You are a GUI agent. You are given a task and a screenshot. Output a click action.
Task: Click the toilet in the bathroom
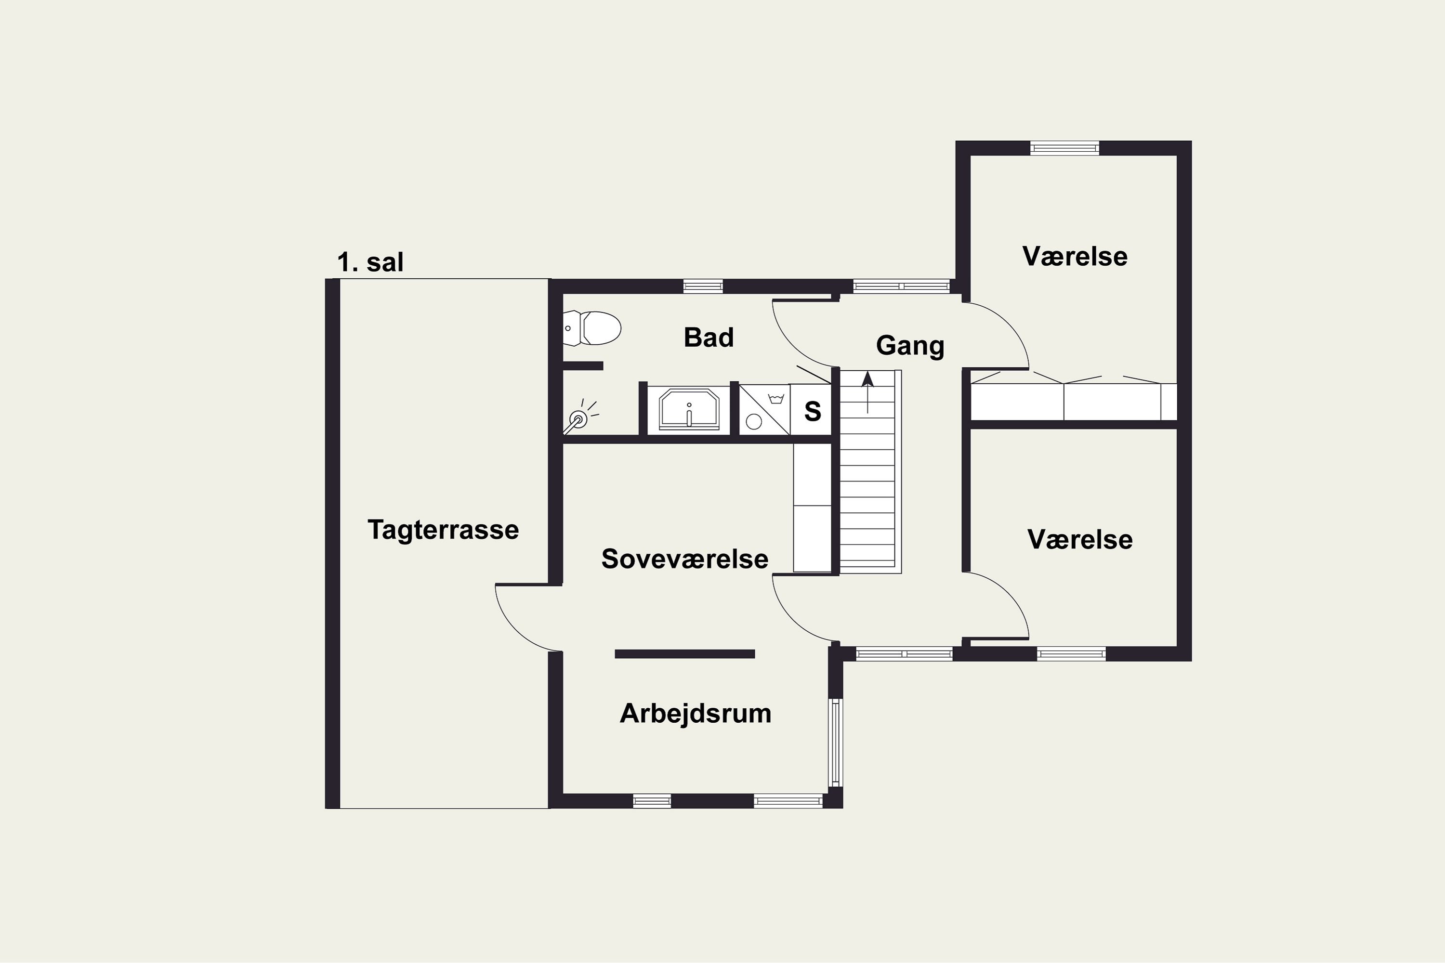point(591,328)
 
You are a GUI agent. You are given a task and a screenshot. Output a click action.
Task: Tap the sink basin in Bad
point(689,409)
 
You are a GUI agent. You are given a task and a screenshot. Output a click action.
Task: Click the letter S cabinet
point(812,410)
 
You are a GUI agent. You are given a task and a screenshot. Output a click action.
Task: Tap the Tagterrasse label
point(443,529)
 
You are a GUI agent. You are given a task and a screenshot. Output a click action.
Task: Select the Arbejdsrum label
point(696,714)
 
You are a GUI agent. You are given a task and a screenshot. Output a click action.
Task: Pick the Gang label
point(910,346)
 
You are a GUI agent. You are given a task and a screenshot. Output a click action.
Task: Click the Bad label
point(709,337)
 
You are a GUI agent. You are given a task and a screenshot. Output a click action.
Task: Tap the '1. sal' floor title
point(370,262)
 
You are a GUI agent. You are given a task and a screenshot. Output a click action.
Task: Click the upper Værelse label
point(1075,256)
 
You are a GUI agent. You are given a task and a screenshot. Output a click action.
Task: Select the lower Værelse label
point(1079,539)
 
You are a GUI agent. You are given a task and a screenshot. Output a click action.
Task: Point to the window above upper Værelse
point(1064,148)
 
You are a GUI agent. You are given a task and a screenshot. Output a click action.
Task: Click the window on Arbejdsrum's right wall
point(836,742)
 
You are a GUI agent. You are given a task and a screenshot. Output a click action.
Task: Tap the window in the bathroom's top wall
point(703,286)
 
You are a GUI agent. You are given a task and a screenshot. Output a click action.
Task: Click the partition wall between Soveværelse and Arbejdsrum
point(684,654)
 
